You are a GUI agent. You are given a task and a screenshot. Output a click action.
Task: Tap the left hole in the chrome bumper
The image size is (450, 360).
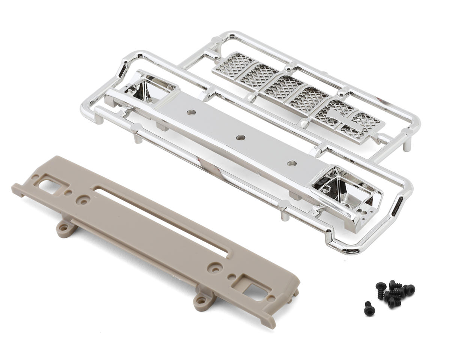(192, 112)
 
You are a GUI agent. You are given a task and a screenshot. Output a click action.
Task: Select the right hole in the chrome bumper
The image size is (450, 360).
(291, 163)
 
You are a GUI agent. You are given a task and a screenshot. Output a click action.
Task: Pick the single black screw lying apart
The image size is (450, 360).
(369, 308)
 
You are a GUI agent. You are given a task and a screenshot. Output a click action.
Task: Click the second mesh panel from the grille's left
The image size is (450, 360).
(259, 75)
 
